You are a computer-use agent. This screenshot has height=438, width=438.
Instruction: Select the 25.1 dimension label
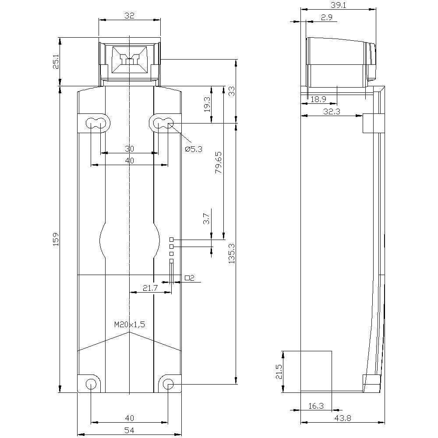[x=56, y=62]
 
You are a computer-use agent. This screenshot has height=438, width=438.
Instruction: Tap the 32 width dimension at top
[x=129, y=15]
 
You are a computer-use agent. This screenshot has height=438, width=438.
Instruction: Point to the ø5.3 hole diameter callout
[x=194, y=149]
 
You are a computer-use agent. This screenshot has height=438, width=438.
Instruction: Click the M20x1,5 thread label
[x=129, y=325]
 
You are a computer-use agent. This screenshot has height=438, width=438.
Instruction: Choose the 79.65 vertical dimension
[x=219, y=162]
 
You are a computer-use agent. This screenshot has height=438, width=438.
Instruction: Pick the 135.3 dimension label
[x=232, y=253]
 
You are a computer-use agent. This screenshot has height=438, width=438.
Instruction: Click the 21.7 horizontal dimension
[x=151, y=288]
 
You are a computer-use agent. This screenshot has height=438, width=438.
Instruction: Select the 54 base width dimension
[x=129, y=431]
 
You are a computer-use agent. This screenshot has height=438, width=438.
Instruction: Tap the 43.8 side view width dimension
[x=343, y=418]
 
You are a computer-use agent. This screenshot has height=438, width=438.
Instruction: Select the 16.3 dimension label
[x=316, y=406]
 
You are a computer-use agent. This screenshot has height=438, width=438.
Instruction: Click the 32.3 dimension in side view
[x=332, y=111]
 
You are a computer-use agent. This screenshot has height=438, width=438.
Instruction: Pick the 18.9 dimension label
[x=318, y=99]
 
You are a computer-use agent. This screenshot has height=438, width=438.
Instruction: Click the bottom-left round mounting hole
[x=91, y=384]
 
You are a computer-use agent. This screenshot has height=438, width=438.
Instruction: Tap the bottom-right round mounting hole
[x=168, y=384]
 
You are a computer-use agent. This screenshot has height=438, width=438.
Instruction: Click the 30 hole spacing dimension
[x=129, y=148]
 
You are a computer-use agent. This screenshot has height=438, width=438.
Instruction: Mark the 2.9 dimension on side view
[x=327, y=18]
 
